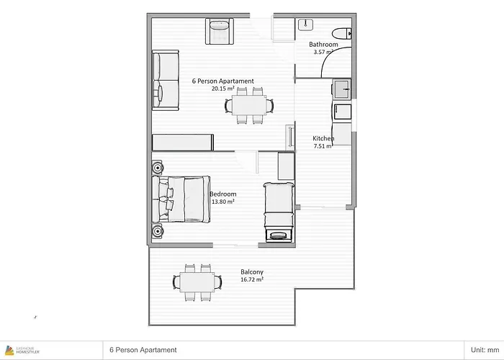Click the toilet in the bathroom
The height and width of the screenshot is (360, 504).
(x=342, y=33)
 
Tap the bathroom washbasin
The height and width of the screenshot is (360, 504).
(x=306, y=24)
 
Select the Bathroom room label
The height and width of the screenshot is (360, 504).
(x=323, y=45)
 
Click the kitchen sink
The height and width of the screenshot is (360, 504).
(x=342, y=89)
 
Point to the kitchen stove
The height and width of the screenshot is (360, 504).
(x=342, y=112)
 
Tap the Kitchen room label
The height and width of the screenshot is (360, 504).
(x=323, y=138)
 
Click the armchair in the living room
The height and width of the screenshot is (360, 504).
(x=220, y=31)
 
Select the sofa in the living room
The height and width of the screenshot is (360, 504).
(x=165, y=80)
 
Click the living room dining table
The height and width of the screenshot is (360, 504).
(x=249, y=105)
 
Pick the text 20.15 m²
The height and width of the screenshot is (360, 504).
(x=222, y=89)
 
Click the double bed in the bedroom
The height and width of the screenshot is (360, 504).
(x=181, y=199)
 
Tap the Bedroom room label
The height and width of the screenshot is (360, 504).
(x=222, y=194)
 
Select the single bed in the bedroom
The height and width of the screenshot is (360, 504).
(x=279, y=212)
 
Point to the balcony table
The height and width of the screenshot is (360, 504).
(x=197, y=282)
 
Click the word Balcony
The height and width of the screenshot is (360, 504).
(x=252, y=272)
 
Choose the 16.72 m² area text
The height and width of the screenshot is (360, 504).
(x=252, y=279)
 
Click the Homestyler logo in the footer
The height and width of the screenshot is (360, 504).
(x=22, y=350)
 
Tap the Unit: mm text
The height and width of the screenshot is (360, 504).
(x=485, y=350)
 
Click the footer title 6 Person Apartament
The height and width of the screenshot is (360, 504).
(x=143, y=350)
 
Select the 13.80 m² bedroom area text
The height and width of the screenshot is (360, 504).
(x=222, y=202)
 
